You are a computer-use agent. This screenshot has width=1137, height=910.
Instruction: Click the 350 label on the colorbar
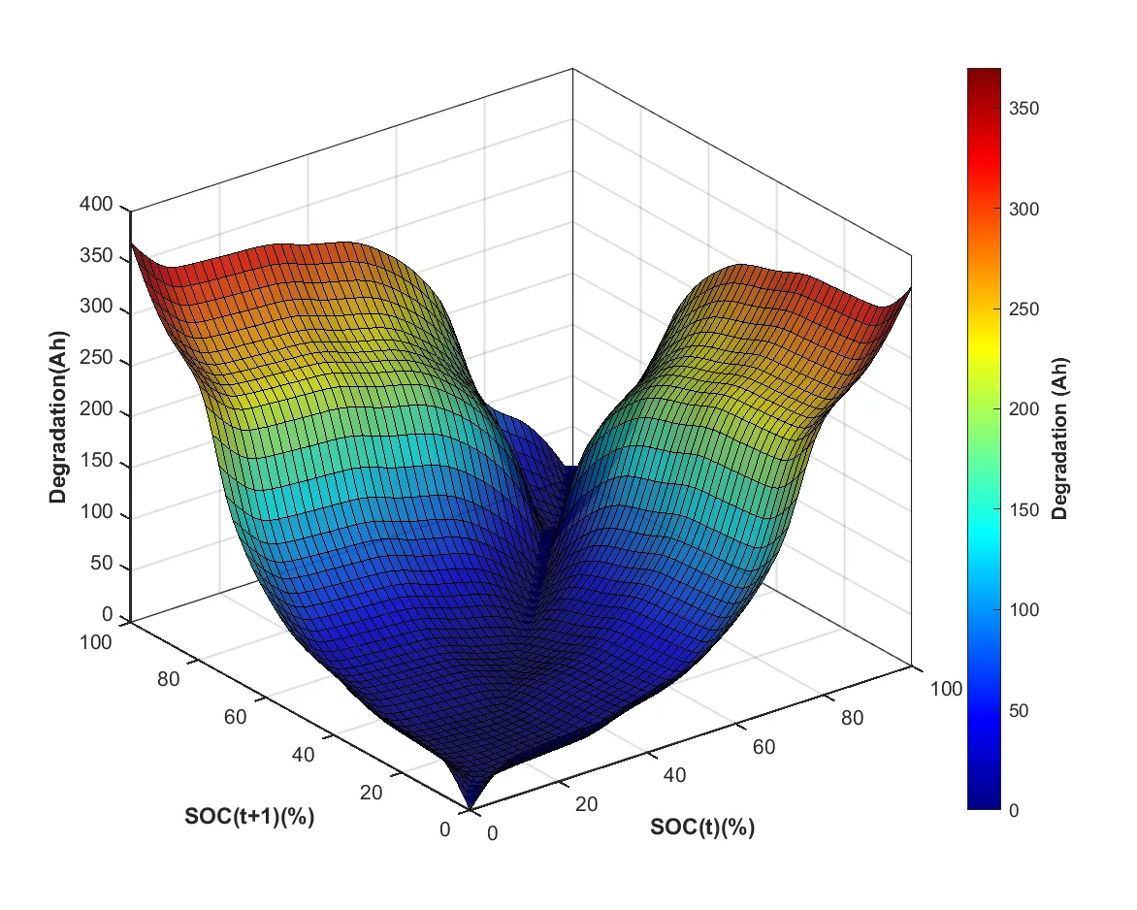click(x=1023, y=109)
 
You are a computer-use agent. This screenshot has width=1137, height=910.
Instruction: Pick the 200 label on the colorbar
click(x=1023, y=409)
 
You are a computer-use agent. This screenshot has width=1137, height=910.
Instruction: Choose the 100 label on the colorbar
click(x=1023, y=610)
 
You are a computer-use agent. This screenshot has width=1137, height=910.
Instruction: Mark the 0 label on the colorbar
click(x=1014, y=811)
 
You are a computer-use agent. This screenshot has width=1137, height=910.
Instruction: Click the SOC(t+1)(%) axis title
click(x=249, y=816)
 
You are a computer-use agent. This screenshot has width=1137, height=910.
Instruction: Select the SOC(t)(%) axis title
click(x=702, y=828)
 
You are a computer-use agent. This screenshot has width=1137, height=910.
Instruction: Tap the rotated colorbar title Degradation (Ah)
click(x=1060, y=439)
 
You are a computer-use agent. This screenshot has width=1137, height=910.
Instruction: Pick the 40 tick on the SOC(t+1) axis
click(x=303, y=755)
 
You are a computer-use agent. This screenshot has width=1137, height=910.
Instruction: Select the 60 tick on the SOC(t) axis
click(x=764, y=747)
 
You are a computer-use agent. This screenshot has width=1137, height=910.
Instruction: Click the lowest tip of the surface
click(x=471, y=806)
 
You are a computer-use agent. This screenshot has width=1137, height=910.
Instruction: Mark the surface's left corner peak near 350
click(x=133, y=244)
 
